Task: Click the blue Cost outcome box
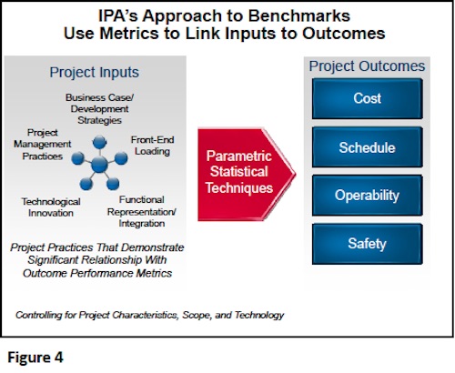[368, 98]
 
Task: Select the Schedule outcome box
[368, 147]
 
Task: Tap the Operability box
[368, 196]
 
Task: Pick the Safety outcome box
[368, 244]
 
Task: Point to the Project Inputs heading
[95, 73]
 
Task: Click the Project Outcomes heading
[367, 66]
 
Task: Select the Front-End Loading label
[152, 146]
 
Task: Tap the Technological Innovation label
[51, 207]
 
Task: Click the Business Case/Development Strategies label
[99, 109]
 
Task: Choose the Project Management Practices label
[43, 144]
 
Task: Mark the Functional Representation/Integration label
[142, 212]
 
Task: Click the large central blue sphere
[99, 164]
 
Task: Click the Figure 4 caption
[35, 358]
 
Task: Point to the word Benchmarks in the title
[298, 15]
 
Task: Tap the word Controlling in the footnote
[39, 316]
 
